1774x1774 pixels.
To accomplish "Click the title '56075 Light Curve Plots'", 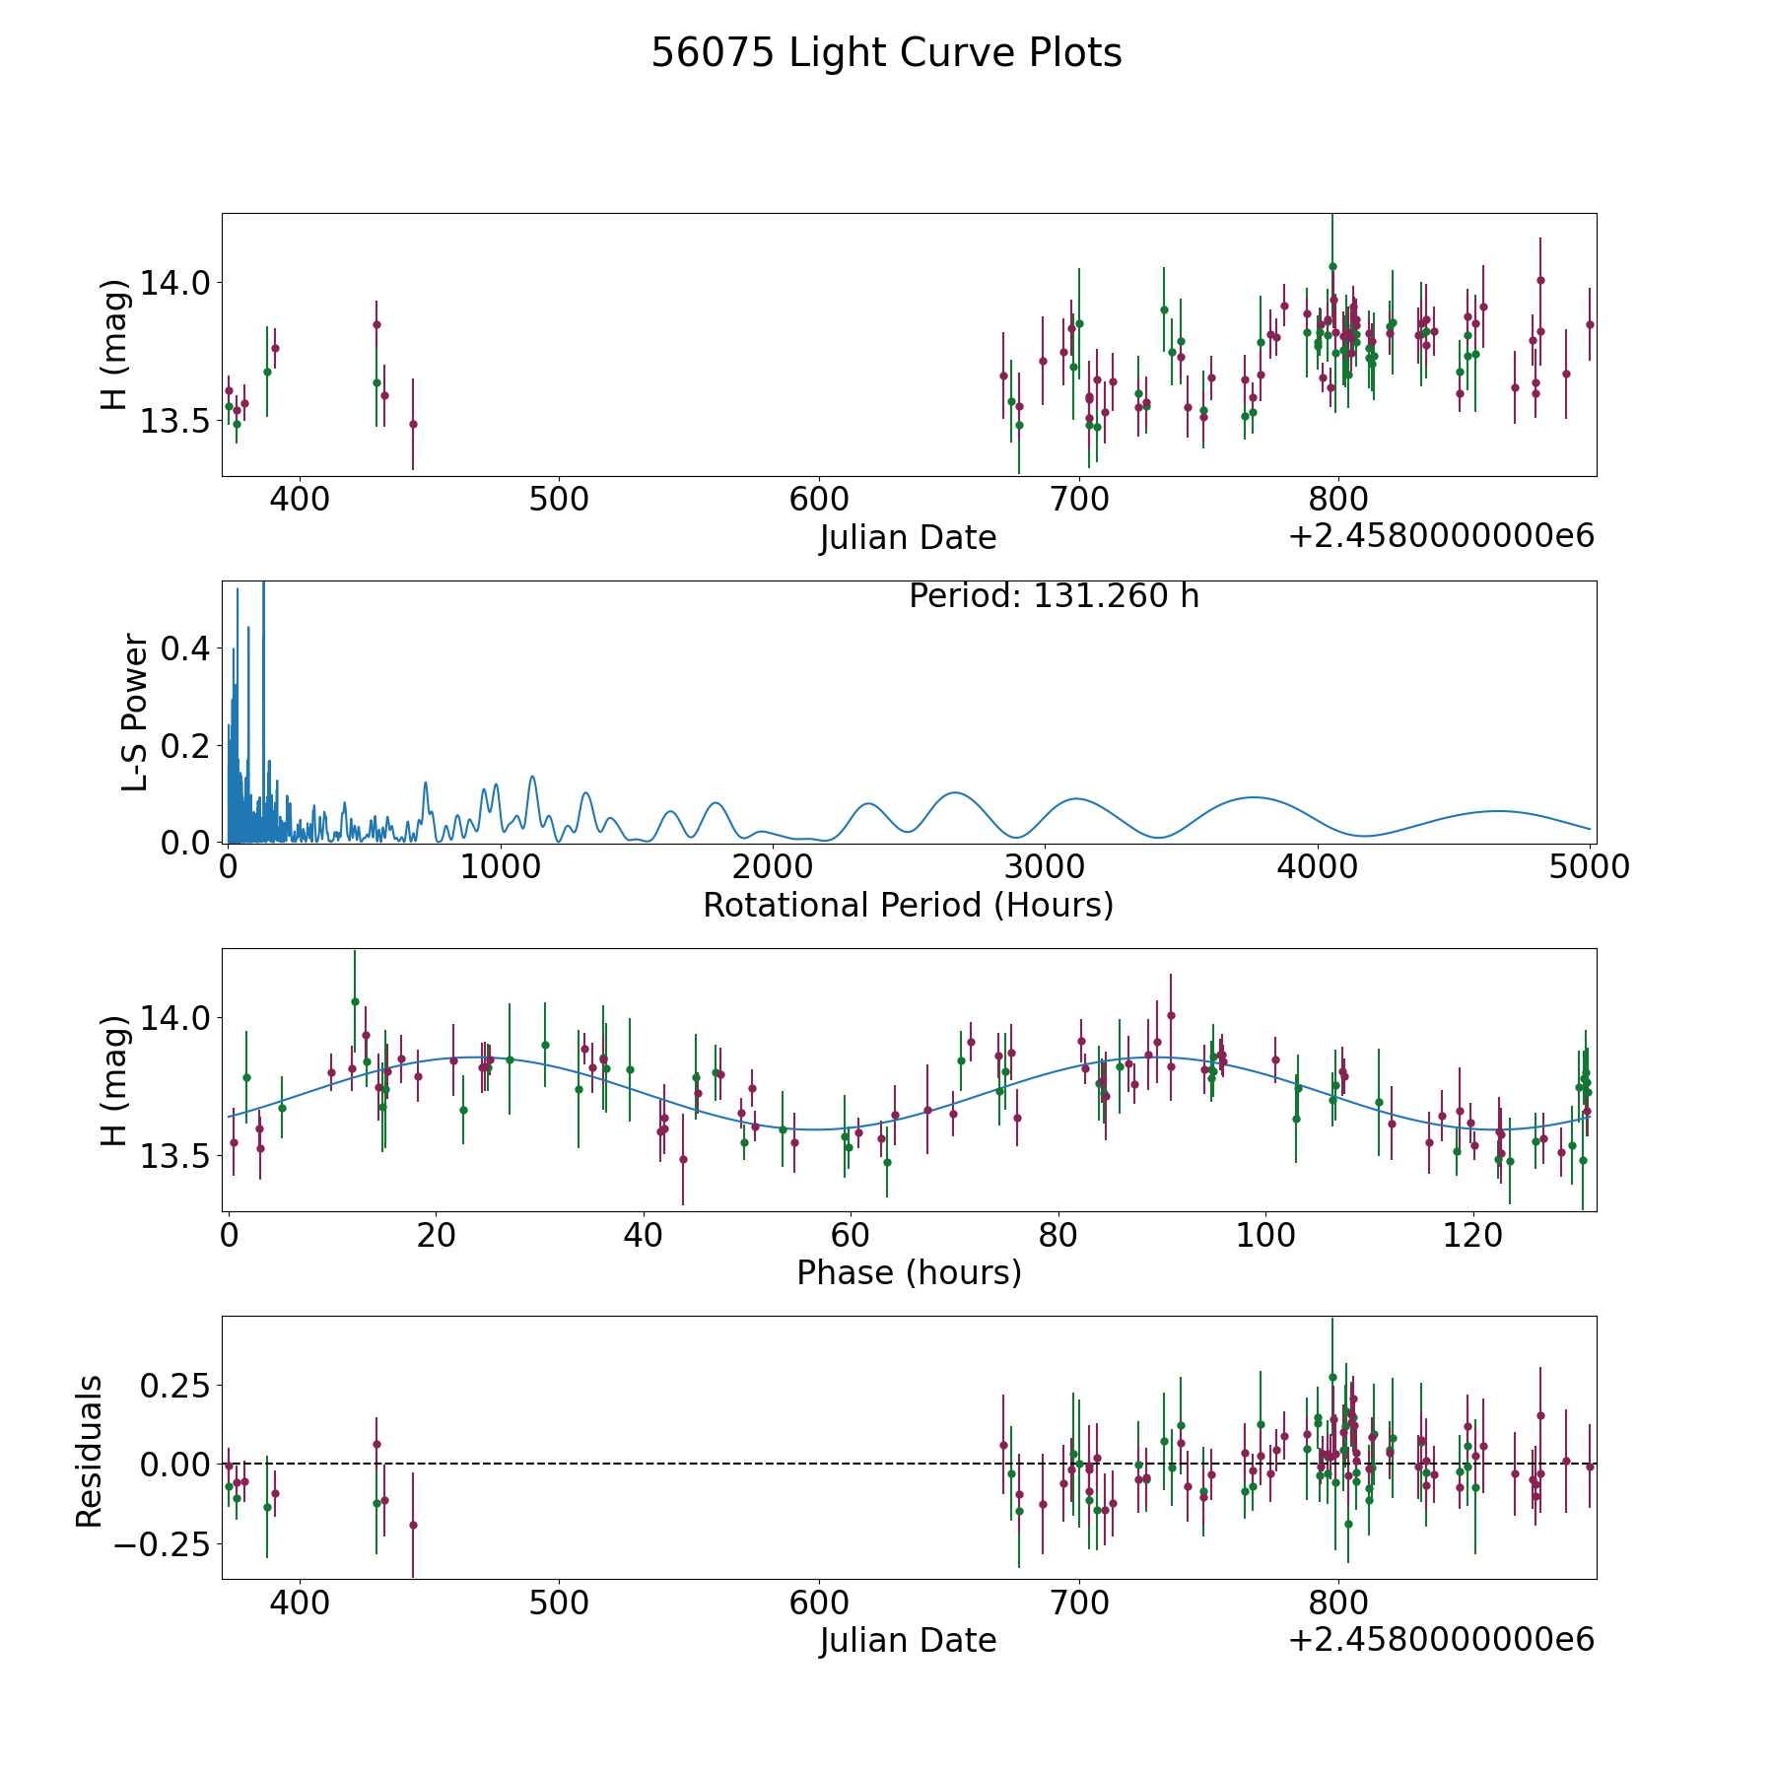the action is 886,53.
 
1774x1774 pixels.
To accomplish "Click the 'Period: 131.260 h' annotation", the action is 1054,596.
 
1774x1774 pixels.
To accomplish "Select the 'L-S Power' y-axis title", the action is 135,713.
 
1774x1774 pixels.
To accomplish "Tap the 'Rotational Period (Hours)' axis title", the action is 908,905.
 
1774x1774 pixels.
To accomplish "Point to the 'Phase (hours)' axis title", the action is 909,1273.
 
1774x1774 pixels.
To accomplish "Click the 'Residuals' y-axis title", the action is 89,1451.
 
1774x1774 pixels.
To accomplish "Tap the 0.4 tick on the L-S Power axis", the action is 184,648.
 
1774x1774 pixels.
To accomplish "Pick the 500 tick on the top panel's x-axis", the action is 559,499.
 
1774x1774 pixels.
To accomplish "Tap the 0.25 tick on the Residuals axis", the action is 174,1386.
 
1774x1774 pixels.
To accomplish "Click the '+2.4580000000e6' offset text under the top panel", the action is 1441,536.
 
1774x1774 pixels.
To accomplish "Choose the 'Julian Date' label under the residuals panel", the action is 908,1641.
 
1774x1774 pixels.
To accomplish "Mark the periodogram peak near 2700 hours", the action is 954,792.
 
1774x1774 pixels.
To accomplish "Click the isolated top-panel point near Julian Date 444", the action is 413,424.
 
